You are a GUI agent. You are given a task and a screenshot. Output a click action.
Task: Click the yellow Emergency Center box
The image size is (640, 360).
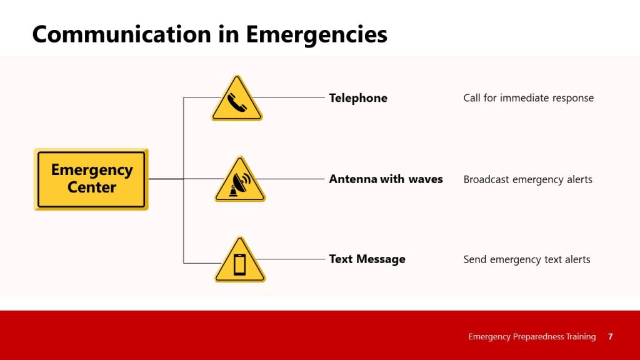(91, 179)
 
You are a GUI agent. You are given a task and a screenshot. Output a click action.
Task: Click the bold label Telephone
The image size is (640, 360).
(358, 98)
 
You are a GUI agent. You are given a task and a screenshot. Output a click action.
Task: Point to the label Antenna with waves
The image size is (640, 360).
(386, 179)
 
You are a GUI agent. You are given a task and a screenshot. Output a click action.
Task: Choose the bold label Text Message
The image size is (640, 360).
(367, 259)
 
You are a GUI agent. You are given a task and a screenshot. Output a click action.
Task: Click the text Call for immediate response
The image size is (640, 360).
(528, 98)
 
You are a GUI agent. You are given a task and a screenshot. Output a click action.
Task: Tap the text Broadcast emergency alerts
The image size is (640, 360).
(527, 179)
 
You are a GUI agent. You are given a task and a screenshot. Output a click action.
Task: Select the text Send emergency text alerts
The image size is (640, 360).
(526, 259)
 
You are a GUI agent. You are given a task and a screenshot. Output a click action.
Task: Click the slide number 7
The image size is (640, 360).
(610, 337)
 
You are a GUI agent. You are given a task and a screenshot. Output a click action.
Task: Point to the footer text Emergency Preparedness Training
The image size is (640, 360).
(532, 337)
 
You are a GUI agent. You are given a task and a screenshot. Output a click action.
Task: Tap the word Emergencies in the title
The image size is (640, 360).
(316, 34)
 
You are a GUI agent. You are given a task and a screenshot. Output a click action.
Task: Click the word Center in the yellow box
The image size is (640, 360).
(92, 187)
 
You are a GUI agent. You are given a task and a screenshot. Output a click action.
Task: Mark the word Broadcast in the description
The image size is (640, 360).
(486, 179)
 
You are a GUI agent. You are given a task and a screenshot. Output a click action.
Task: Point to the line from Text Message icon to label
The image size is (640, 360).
(292, 259)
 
